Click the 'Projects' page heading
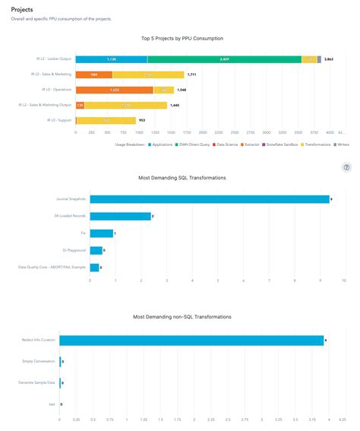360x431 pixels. (22, 9)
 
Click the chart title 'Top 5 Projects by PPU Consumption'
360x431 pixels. (182, 37)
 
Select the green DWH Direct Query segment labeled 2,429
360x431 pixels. (224, 59)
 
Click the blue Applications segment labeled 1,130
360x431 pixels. (111, 59)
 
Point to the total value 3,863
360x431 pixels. (329, 59)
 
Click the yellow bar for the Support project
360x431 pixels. (106, 120)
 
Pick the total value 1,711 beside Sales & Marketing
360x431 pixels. (191, 74)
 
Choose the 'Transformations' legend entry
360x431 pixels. (300, 144)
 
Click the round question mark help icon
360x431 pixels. (347, 168)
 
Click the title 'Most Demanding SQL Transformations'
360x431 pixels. (182, 178)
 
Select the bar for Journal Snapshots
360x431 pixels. (210, 199)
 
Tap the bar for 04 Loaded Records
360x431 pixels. (120, 216)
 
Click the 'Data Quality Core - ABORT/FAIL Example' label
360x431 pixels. (53, 267)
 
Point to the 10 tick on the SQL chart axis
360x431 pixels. (347, 280)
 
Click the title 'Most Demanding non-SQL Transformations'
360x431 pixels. (182, 316)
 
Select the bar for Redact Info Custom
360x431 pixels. (191, 341)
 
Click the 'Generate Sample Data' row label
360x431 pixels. (38, 383)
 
